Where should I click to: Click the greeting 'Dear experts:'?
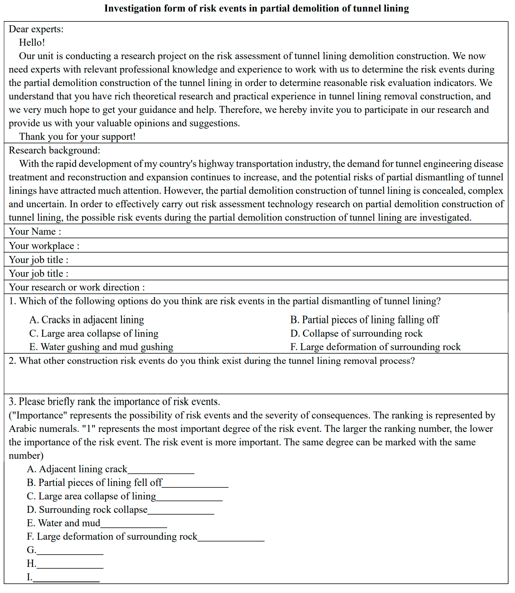click(36, 29)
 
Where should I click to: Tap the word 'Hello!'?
click(32, 43)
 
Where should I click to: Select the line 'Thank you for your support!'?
click(77, 136)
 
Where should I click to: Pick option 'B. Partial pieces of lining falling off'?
click(364, 320)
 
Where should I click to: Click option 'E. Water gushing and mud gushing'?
click(101, 347)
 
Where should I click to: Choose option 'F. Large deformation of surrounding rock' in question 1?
click(375, 347)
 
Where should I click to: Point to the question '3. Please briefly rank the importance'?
click(114, 402)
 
